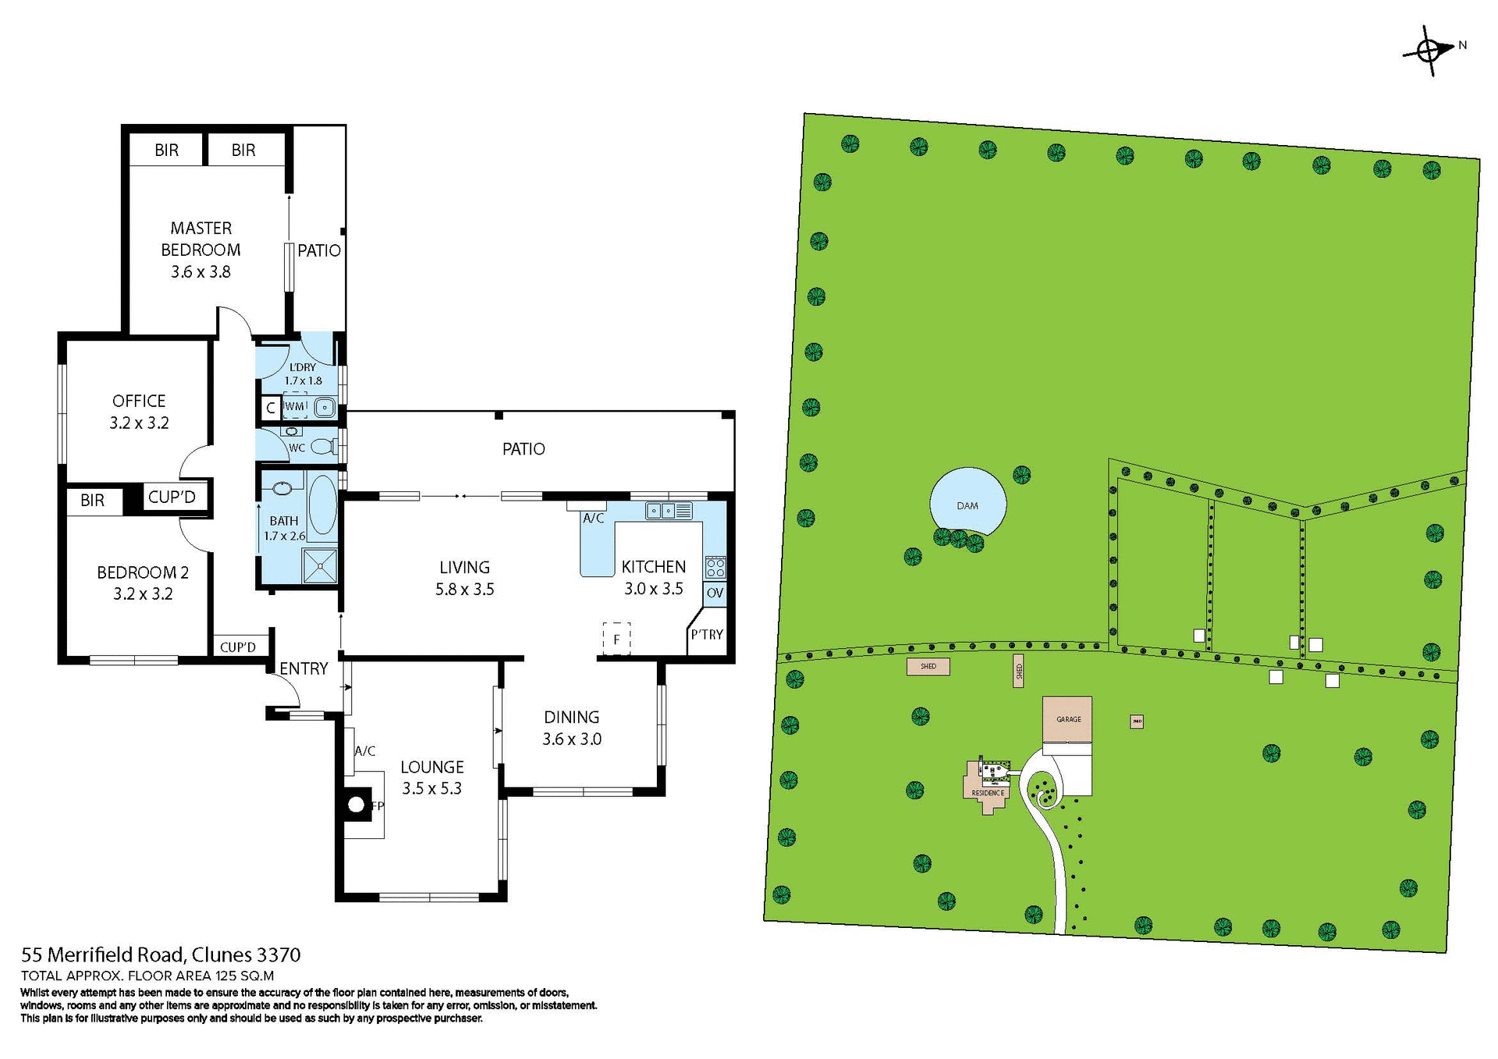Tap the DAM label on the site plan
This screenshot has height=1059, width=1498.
[x=967, y=506]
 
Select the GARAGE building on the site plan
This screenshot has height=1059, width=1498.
[x=1067, y=719]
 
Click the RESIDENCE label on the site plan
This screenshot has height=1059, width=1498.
[x=988, y=793]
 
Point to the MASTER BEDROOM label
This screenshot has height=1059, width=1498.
[x=201, y=239]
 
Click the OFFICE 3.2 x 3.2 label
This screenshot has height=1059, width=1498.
[x=139, y=412]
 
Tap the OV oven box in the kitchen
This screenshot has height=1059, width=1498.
[x=715, y=593]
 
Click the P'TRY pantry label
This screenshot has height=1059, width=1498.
[x=707, y=635]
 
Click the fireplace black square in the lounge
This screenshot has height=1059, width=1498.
[x=357, y=805]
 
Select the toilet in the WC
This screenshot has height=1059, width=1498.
[x=323, y=447]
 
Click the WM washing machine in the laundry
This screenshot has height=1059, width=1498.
[x=295, y=406]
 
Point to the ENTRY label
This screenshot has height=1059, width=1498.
[x=304, y=668]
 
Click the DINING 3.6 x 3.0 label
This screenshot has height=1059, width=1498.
[x=572, y=728]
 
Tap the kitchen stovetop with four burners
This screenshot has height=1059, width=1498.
[x=715, y=568]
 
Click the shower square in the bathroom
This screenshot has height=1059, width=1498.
[x=320, y=565]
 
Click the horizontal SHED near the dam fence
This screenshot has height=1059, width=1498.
[x=928, y=667]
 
